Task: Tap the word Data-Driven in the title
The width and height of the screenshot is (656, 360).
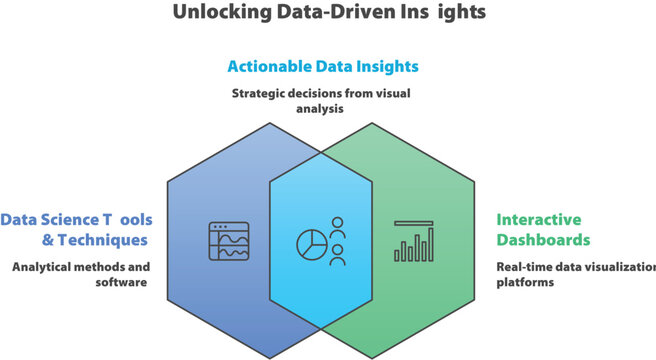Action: (323, 13)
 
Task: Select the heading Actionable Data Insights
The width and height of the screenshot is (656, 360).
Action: (322, 67)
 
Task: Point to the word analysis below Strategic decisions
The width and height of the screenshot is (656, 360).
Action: (322, 110)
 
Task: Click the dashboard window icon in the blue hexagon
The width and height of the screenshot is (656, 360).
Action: (228, 241)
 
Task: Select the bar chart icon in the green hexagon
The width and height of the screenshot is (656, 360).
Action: (414, 241)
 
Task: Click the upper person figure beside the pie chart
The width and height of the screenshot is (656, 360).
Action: (338, 225)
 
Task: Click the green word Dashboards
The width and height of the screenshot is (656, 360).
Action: (543, 240)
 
